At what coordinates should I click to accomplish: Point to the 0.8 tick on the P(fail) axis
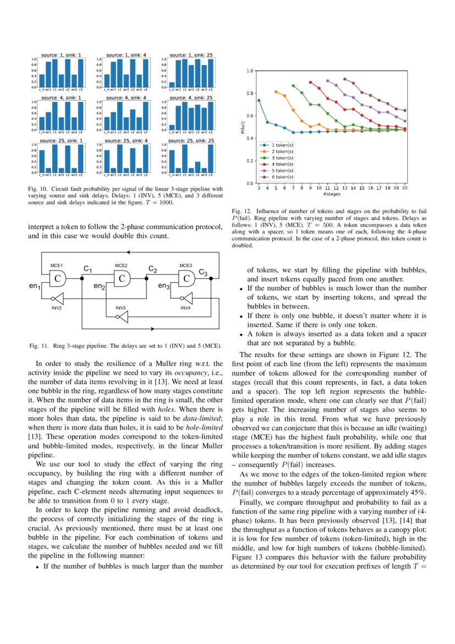click(250, 93)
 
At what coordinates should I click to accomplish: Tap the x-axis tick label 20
click(405, 188)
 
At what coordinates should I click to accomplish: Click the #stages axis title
click(331, 194)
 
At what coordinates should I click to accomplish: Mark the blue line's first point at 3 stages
click(259, 100)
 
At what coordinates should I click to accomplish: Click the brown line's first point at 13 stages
click(345, 79)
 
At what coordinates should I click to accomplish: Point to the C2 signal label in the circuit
click(153, 269)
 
